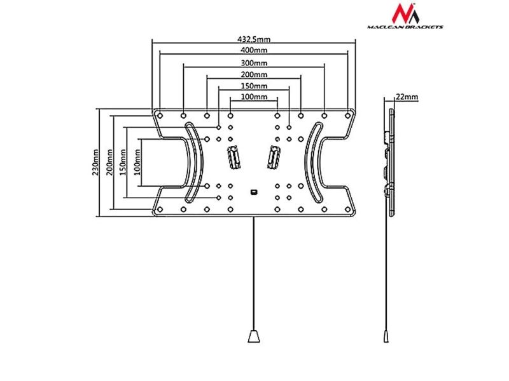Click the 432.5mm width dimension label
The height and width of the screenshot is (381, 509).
pyautogui.click(x=254, y=39)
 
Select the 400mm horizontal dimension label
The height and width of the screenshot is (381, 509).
pyautogui.click(x=254, y=50)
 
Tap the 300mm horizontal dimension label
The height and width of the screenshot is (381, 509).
pyautogui.click(x=254, y=63)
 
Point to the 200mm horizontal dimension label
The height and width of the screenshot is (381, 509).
pyautogui.click(x=254, y=74)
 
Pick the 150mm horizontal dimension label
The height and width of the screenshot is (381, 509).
pyautogui.click(x=254, y=86)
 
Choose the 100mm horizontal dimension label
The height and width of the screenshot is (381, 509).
pyautogui.click(x=254, y=97)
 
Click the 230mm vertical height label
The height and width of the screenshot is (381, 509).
pyautogui.click(x=95, y=162)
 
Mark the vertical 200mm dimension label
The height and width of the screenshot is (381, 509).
pyautogui.click(x=109, y=162)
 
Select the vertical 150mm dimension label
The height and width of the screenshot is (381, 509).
pyautogui.click(x=123, y=162)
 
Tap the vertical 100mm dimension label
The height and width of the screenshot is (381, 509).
pyautogui.click(x=137, y=162)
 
